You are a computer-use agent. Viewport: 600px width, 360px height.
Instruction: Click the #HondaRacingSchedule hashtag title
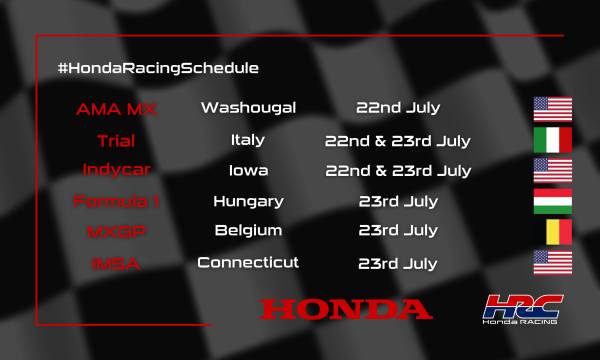coord(159,68)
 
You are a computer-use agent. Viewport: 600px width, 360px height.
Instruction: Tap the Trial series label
coord(116,140)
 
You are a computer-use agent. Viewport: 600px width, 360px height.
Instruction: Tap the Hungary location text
coord(248,201)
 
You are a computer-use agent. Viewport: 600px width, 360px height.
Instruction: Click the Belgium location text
coord(248,231)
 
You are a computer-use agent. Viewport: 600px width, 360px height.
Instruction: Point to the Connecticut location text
coord(248,263)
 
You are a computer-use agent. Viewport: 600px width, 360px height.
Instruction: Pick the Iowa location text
coord(248,170)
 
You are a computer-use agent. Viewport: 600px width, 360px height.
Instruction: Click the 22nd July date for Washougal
coord(398,108)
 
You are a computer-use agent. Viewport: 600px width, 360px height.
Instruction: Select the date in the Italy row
coord(398,140)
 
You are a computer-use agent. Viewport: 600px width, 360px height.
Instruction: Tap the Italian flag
coord(552,140)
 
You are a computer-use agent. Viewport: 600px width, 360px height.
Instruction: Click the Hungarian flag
coord(552,201)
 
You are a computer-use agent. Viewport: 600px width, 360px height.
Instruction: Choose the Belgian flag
coord(552,231)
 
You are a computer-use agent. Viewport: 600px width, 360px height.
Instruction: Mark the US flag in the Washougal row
coord(552,108)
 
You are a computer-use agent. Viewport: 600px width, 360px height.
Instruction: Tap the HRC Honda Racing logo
coord(523,309)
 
